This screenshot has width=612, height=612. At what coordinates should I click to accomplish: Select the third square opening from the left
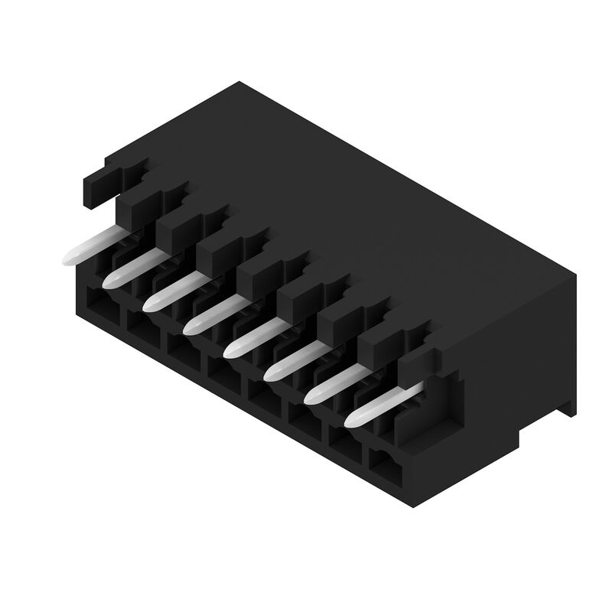[182, 353]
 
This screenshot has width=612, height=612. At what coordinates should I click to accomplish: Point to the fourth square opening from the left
[223, 377]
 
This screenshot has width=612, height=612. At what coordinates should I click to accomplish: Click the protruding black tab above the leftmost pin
[99, 187]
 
